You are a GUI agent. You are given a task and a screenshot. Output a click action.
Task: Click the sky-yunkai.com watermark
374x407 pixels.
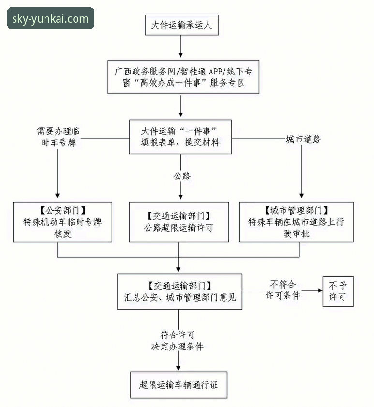click(50, 19)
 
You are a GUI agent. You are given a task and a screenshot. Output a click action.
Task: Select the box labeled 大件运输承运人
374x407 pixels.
click(182, 25)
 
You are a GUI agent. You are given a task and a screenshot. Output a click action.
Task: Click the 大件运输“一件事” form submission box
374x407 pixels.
click(180, 137)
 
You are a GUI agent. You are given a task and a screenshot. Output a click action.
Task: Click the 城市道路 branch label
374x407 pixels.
click(303, 139)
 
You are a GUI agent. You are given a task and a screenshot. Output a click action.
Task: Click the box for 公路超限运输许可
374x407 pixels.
click(179, 221)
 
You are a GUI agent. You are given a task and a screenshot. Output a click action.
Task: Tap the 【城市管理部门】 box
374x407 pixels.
click(296, 222)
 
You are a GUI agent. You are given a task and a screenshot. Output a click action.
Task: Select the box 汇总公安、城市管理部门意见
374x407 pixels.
click(180, 291)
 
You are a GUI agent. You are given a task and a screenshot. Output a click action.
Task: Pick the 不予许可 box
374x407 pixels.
click(338, 291)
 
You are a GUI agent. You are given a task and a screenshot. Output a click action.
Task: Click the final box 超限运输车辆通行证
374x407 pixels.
click(179, 385)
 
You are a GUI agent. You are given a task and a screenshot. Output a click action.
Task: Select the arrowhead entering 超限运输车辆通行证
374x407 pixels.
click(179, 368)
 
